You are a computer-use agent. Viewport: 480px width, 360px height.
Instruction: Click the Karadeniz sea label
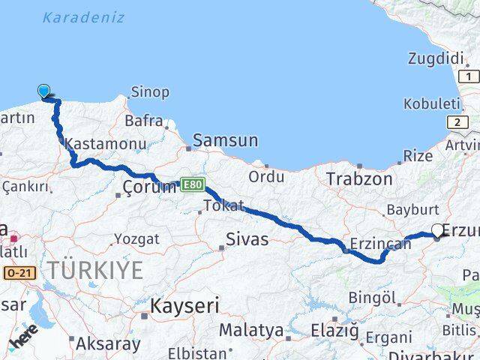(83, 17)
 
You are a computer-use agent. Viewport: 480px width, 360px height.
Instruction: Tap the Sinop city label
(150, 92)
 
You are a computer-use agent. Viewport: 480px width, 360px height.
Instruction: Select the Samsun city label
(226, 139)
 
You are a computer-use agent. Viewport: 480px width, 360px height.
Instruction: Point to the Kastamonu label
(94, 142)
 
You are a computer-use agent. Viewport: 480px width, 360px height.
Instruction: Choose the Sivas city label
(247, 241)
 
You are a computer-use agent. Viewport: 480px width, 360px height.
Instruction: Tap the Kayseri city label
(184, 305)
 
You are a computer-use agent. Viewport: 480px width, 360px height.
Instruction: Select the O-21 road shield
(19, 274)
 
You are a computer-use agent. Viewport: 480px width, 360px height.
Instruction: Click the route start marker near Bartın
(44, 91)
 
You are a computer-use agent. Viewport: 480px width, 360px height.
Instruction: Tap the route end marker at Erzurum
(438, 232)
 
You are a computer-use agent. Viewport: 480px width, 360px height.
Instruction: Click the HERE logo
(24, 339)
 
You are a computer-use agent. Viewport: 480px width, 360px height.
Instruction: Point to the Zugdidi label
(436, 58)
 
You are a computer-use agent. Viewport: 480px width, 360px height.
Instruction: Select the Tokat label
(223, 205)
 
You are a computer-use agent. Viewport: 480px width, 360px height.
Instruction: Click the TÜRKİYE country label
(95, 270)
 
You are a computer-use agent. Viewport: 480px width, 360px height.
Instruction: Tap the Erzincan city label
(380, 243)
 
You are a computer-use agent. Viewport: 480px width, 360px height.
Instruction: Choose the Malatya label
(251, 330)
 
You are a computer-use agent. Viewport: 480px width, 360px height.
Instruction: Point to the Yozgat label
(136, 239)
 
